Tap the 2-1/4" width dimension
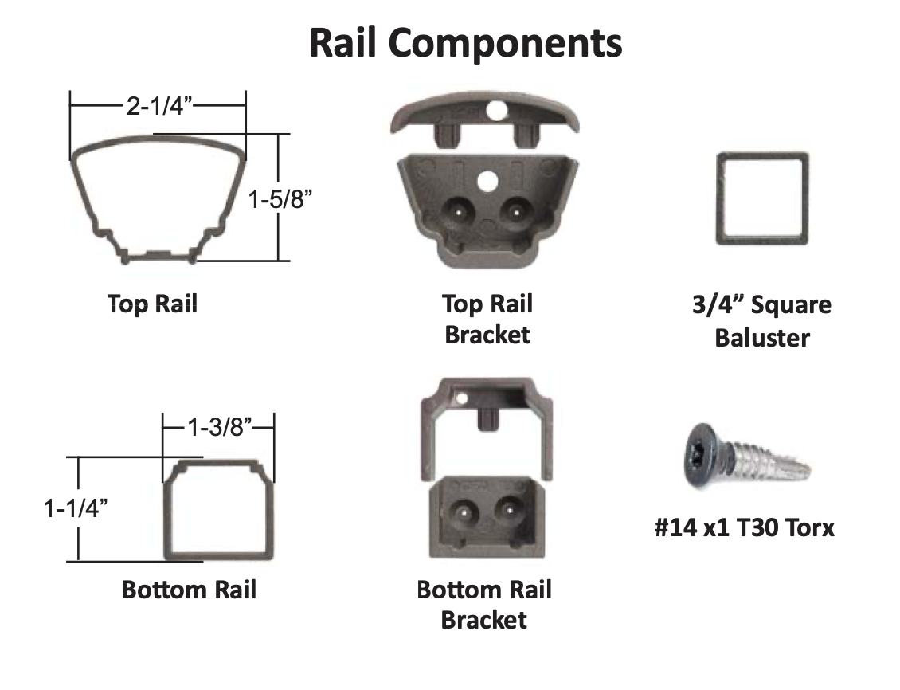pos(160,105)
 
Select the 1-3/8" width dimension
pos(220,428)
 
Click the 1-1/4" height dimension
pos(76,507)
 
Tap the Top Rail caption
pos(152,304)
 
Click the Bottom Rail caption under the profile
pos(189,590)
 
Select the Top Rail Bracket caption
pos(487,319)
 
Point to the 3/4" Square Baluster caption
pos(761,321)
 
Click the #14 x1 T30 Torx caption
pos(744,527)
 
